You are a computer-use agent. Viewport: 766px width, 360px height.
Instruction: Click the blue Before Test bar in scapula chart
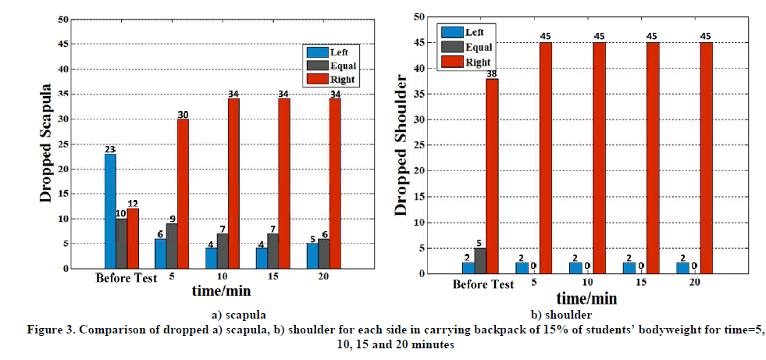click(110, 211)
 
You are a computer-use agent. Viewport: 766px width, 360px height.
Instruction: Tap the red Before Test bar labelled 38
click(492, 176)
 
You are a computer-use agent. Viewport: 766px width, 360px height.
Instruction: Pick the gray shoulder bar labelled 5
click(479, 261)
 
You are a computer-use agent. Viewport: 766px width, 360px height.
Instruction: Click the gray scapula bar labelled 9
click(172, 246)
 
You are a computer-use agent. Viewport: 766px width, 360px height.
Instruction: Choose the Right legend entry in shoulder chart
click(469, 59)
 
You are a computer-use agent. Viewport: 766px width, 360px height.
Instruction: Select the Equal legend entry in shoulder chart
click(469, 45)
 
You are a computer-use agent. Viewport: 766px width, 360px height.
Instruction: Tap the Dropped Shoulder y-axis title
click(401, 144)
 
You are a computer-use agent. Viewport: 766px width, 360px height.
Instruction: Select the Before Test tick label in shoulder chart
click(483, 284)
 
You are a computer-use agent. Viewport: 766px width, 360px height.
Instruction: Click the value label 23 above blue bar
click(110, 148)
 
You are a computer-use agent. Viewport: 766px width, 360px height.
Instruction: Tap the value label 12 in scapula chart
click(133, 203)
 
